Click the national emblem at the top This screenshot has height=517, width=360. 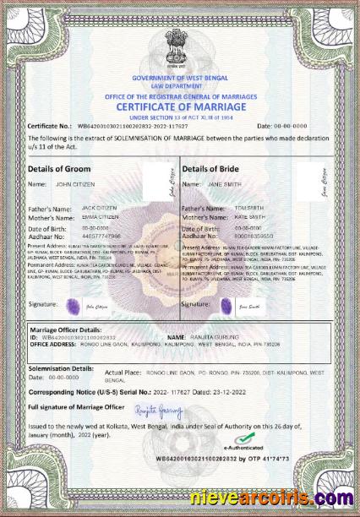[181, 46]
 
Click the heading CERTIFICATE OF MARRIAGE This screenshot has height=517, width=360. [180, 108]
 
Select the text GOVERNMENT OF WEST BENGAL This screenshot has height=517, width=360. [180, 78]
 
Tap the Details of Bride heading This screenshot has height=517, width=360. [211, 169]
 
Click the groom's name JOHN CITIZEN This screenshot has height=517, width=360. [74, 183]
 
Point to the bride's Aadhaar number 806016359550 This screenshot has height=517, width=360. [255, 237]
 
